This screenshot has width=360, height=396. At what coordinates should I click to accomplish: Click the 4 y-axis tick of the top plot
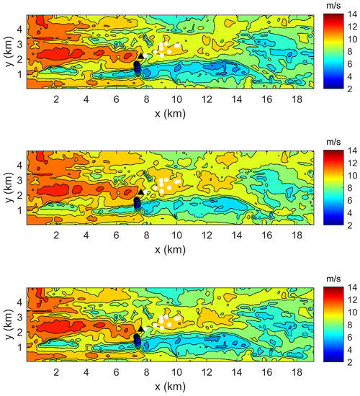tap(21, 29)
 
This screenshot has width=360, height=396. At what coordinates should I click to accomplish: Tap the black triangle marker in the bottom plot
tap(142, 328)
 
